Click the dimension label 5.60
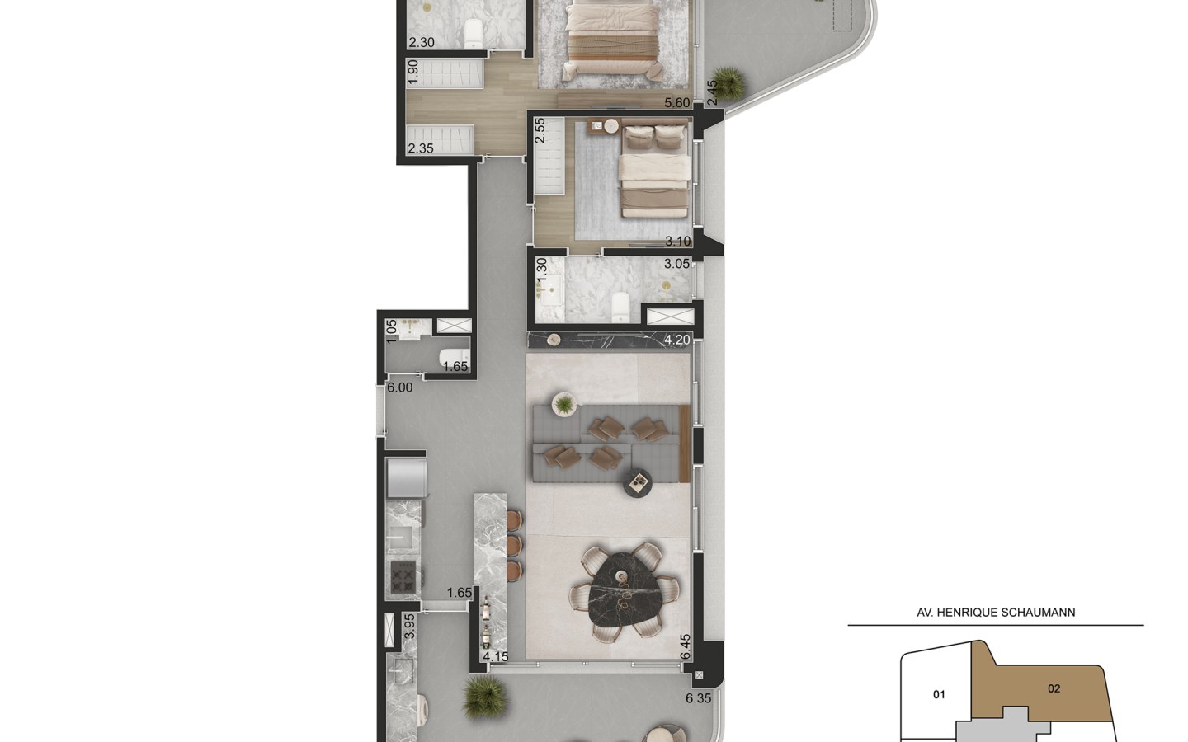click(x=677, y=103)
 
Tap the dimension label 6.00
click(x=399, y=387)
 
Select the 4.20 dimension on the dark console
click(x=677, y=340)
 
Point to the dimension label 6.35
click(x=698, y=698)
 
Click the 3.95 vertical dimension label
click(x=409, y=627)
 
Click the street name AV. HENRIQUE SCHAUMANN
click(x=996, y=613)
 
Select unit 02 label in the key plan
click(x=1054, y=688)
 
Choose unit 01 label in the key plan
click(x=939, y=694)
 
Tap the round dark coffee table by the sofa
click(x=638, y=482)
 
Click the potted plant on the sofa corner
click(x=565, y=405)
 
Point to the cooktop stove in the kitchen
click(x=403, y=576)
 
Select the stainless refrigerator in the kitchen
click(x=407, y=477)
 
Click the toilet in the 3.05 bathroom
click(x=620, y=308)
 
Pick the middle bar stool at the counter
click(x=514, y=546)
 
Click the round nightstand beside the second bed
click(x=611, y=125)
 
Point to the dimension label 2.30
click(x=422, y=42)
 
